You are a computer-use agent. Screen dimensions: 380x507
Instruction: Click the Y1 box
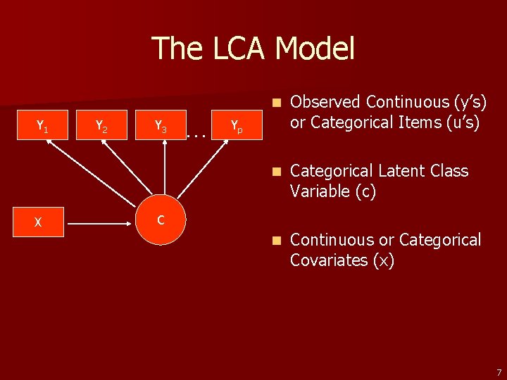[x=42, y=127]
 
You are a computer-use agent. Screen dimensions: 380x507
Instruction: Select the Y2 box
[x=101, y=127]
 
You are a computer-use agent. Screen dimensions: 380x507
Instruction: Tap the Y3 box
[x=161, y=127]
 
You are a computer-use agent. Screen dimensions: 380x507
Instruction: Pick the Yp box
[x=237, y=127]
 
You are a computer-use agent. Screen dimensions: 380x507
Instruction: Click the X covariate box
[x=38, y=223]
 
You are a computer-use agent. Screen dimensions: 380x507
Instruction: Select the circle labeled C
[x=161, y=221]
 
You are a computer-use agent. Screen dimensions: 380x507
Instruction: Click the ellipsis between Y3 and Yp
[x=198, y=133]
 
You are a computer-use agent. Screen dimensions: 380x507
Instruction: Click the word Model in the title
[x=315, y=49]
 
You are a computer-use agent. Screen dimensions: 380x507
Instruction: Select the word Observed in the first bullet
[x=324, y=102]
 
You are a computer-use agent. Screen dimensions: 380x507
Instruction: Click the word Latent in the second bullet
[x=408, y=171]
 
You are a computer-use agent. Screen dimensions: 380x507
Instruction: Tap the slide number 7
[x=499, y=372]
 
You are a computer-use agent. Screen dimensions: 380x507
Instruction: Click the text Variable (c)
[x=333, y=191]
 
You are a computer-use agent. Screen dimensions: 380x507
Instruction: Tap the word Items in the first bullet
[x=427, y=122]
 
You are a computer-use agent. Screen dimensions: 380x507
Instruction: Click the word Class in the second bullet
[x=452, y=171]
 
